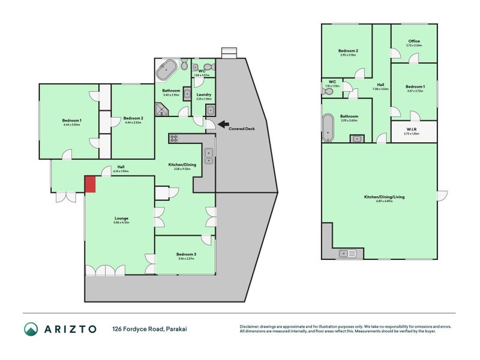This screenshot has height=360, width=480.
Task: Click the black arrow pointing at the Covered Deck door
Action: [x=223, y=125]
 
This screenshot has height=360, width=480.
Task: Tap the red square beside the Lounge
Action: [x=89, y=185]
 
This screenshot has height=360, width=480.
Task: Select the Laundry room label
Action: [x=203, y=94]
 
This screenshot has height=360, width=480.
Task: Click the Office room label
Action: [x=413, y=41]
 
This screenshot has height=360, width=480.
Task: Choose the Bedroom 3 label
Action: [x=186, y=254]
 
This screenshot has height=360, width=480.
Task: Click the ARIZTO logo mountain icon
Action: [x=31, y=329]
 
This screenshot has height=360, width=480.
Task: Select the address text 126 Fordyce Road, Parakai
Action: [x=146, y=329]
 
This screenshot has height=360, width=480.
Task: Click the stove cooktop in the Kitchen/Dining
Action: [x=174, y=139]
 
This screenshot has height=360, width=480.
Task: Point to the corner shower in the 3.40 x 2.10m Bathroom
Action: [x=161, y=109]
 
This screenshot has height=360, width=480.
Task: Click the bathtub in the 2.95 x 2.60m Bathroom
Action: [x=328, y=127]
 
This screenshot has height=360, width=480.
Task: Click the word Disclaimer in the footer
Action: [x=251, y=326]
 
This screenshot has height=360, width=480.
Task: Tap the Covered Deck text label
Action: [x=242, y=128]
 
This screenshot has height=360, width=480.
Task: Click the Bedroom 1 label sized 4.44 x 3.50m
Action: [x=71, y=121]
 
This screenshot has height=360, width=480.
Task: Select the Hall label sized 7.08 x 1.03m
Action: [x=380, y=85]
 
